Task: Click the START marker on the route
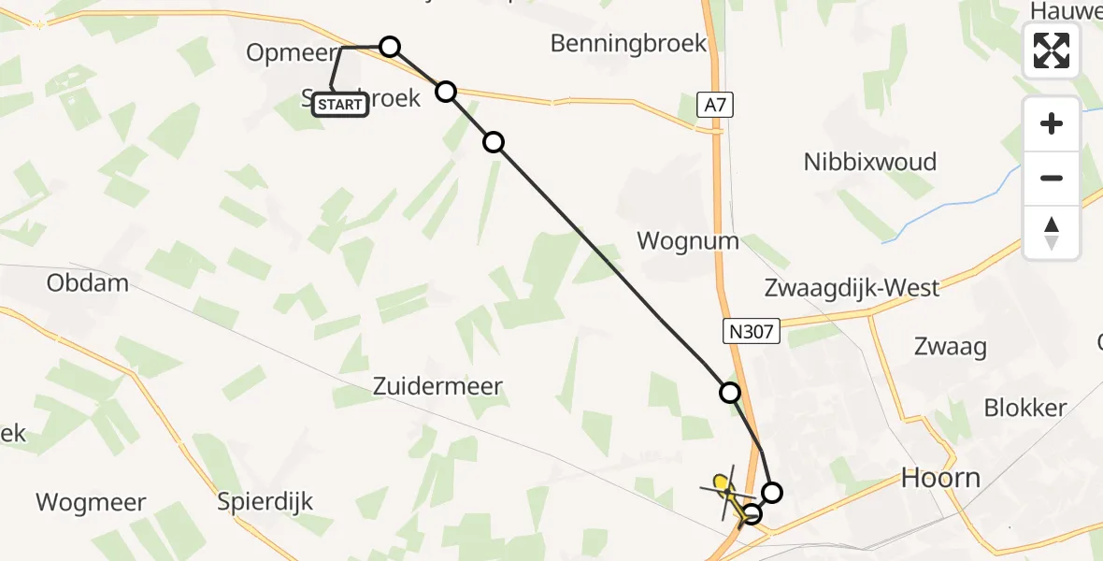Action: [x=339, y=104]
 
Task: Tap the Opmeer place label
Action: [x=291, y=52]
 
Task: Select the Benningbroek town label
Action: [x=628, y=43]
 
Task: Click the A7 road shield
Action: [x=714, y=107]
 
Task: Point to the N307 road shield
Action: [x=752, y=328]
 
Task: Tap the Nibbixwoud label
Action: [x=869, y=162]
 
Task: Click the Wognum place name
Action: [x=687, y=241]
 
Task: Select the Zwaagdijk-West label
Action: [x=851, y=287]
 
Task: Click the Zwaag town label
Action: [x=953, y=347]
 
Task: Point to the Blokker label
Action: [x=1024, y=408]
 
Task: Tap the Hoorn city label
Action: [x=939, y=479]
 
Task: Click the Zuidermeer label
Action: [x=437, y=385]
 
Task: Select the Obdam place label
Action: [x=87, y=282]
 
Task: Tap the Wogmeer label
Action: [x=91, y=502]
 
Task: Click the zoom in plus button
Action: [x=1052, y=123]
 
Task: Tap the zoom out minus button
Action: [x=1052, y=178]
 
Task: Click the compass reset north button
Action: [x=1052, y=232]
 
